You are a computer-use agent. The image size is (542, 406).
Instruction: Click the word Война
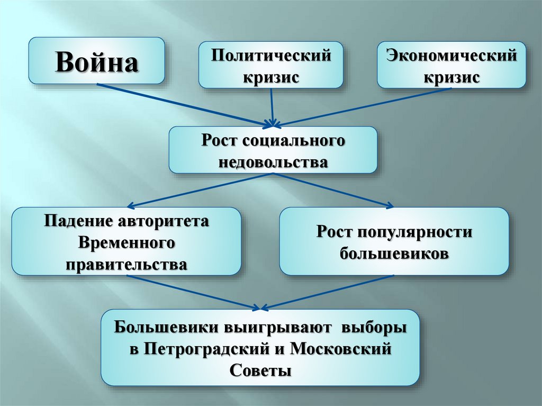(97, 62)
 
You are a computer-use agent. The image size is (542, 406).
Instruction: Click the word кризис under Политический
(271, 77)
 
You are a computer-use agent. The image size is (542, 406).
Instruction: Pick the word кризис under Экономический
(451, 77)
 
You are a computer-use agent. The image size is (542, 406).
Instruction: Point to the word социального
(294, 142)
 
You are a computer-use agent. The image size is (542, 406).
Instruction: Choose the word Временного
(127, 243)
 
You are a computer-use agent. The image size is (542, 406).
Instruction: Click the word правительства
(127, 264)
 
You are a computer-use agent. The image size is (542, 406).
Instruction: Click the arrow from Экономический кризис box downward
(365, 106)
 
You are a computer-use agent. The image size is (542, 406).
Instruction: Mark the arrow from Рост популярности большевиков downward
(328, 291)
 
